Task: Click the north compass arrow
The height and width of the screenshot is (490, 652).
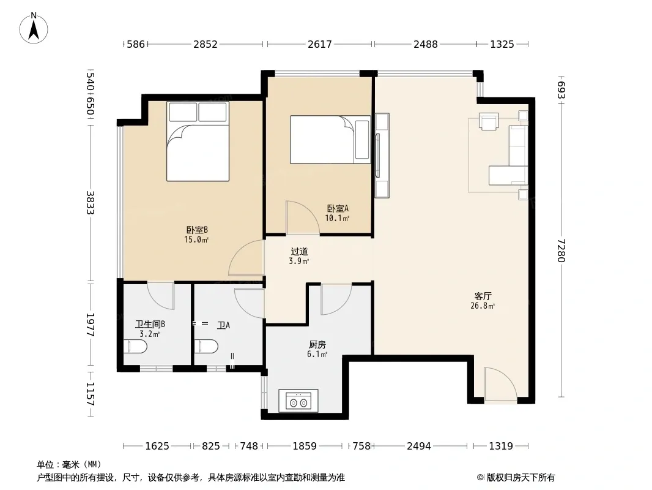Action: pos(34,29)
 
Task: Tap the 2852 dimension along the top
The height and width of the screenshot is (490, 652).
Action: pos(206,44)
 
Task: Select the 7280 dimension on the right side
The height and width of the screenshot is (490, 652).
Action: pos(561,250)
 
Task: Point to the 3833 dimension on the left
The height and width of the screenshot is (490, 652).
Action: pos(91,203)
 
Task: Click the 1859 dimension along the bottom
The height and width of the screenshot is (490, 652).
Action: pos(305,447)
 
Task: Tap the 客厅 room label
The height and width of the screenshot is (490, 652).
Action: pos(483,296)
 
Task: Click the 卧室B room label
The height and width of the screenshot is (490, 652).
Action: pos(197,230)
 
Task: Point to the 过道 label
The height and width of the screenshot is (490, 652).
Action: pos(299,252)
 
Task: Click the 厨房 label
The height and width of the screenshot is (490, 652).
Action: pos(317,345)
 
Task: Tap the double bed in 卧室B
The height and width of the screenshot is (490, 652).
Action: pos(198,141)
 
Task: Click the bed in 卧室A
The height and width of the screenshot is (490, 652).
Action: pos(330,140)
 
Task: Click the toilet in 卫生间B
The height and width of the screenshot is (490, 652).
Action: pos(135,347)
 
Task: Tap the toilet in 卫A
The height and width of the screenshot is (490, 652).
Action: pos(206,347)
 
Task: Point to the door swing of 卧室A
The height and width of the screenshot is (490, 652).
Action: pos(303,217)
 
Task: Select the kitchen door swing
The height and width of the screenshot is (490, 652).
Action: pos(336,300)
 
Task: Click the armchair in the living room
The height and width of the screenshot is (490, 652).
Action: pos(489,121)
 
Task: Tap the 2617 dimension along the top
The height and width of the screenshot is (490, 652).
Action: pos(320,44)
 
